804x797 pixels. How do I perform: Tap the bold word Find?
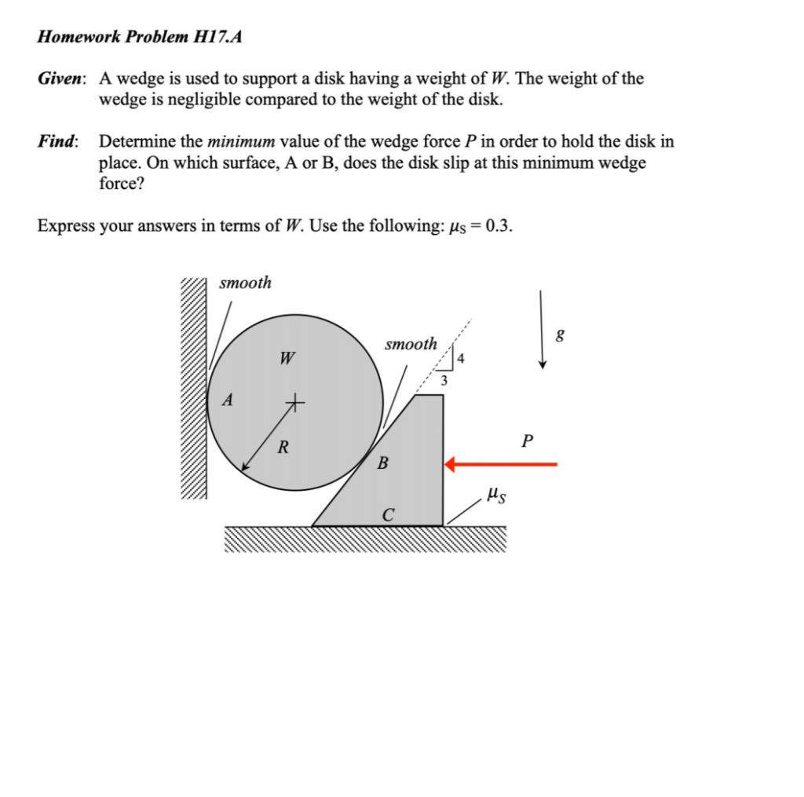point(57,142)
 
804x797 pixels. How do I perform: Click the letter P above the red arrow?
point(526,441)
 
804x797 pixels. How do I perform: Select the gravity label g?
point(559,335)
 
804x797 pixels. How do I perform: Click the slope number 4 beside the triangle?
point(461,360)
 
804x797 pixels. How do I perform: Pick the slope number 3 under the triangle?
point(444,382)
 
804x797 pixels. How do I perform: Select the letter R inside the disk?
point(283,448)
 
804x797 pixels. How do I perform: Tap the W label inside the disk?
point(287,360)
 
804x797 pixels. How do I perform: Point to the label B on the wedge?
point(382,462)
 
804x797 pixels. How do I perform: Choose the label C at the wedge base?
point(388,515)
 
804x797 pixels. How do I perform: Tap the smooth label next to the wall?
point(245,283)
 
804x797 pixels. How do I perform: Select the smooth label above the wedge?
point(411,344)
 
